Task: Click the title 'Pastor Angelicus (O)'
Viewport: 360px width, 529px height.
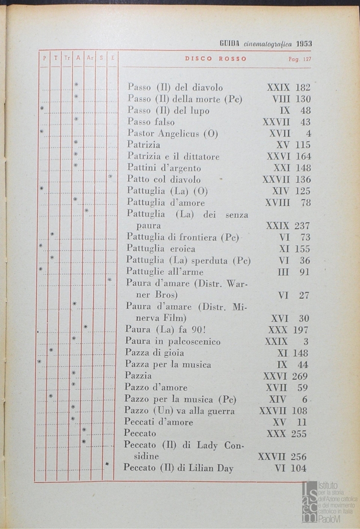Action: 172,133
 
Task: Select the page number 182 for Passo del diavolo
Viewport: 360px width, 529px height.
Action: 303,88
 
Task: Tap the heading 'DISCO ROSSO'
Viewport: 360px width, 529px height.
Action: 216,59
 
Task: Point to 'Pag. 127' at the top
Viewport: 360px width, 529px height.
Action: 300,59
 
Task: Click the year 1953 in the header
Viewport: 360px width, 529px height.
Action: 304,43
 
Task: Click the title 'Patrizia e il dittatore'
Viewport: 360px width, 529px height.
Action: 173,157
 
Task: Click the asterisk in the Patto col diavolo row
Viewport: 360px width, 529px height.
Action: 111,177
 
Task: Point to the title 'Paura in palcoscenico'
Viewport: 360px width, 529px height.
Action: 172,341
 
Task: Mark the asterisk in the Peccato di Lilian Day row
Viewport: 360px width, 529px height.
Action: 107,464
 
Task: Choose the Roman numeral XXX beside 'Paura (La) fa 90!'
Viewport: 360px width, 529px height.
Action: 278,330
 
